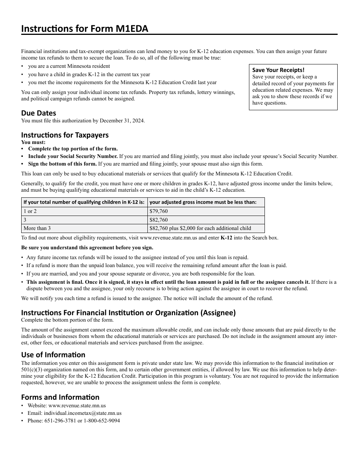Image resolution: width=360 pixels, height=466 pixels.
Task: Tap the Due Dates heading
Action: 39,113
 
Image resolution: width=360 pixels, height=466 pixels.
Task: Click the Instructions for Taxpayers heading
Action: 65,135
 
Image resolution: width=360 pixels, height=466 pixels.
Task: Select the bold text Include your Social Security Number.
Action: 73,156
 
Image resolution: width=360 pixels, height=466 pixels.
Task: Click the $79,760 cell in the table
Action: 158,211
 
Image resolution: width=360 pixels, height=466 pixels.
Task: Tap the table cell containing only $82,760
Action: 158,220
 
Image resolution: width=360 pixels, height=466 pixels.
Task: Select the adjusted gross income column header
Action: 203,202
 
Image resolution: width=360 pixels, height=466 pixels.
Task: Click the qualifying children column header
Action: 84,202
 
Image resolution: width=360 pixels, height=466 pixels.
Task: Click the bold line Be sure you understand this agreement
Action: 87,248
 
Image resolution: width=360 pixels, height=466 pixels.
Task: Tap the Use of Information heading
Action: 53,355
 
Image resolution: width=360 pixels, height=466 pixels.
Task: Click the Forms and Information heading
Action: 60,397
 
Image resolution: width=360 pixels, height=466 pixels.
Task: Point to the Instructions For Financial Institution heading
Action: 128,313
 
